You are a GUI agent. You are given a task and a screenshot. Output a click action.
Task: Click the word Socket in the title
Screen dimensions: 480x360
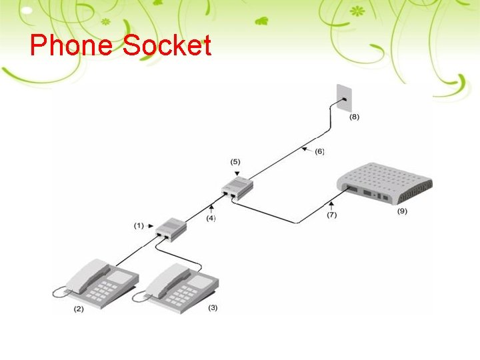(167, 46)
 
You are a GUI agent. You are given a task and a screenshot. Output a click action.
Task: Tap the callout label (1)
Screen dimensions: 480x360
(139, 225)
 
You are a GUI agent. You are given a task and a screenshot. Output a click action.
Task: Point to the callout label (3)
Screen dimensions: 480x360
(213, 307)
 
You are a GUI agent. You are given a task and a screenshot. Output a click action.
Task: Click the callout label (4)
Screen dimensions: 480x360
(211, 217)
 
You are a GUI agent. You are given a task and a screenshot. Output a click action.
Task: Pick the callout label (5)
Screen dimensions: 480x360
(235, 161)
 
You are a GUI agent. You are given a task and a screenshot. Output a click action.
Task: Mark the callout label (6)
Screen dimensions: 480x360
(320, 152)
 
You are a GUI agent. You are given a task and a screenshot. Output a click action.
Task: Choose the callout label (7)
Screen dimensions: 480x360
(331, 215)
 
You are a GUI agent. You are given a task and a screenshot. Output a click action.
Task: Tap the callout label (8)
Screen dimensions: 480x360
(354, 117)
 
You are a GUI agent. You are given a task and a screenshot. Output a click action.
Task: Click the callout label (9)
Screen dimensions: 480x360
(402, 211)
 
